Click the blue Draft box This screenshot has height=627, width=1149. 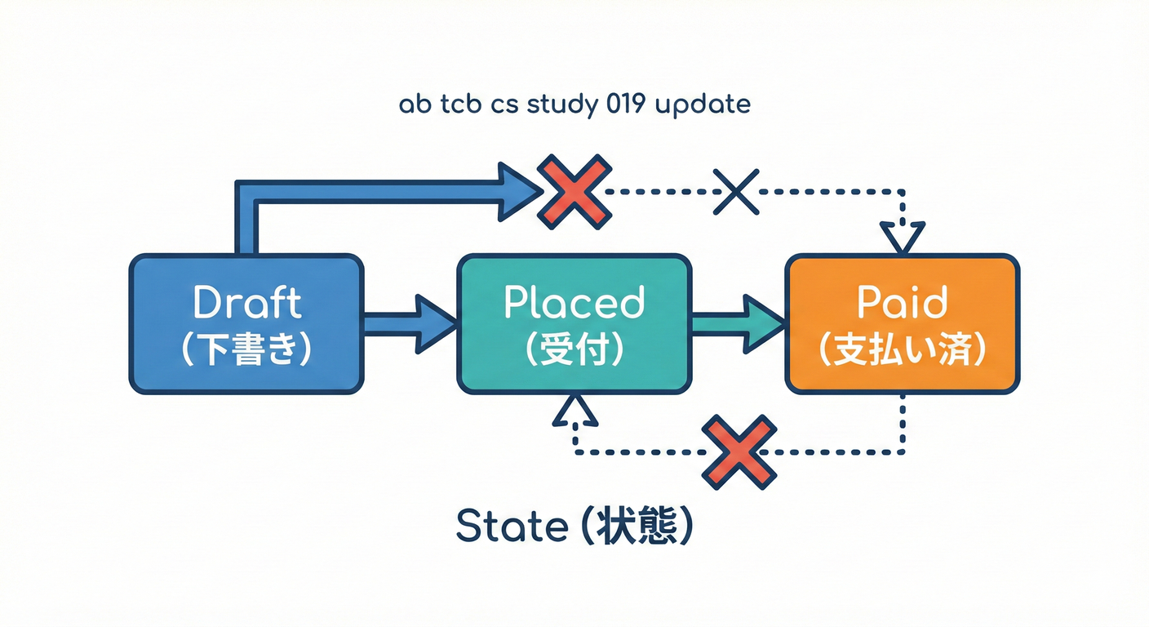246,324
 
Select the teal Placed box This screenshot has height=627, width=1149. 574,324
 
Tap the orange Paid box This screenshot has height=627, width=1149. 902,324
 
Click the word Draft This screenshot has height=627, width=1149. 246,304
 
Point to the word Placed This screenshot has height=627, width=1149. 574,304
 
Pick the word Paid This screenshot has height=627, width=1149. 902,304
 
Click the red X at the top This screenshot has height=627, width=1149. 574,190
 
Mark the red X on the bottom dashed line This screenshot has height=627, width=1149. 739,452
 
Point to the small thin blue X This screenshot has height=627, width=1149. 736,191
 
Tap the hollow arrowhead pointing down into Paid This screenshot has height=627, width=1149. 902,237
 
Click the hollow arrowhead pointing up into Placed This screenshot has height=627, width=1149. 575,411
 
